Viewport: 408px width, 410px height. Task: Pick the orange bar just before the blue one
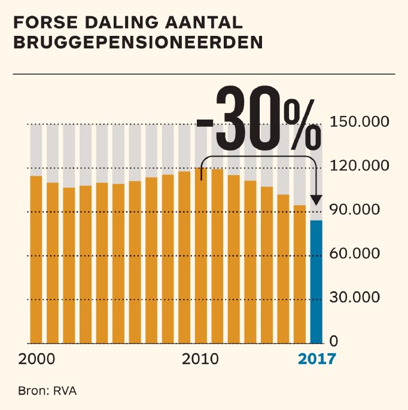tap(299, 274)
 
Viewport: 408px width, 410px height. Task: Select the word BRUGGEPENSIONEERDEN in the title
tap(138, 43)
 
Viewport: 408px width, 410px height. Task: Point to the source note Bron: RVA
tap(48, 391)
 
